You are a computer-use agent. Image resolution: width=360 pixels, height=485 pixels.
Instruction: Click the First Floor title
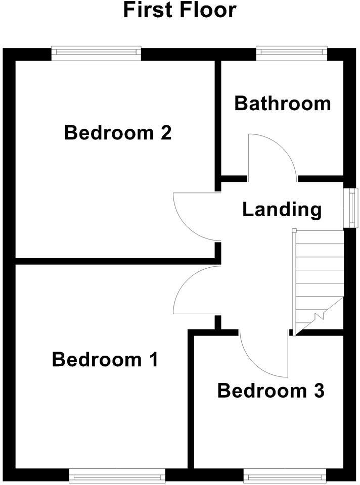(x=179, y=10)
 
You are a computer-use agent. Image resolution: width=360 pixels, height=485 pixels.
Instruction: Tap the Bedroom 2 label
(x=118, y=133)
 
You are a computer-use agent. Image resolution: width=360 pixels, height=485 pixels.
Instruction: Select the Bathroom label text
(x=283, y=103)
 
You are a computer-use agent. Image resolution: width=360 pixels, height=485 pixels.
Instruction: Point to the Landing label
(x=282, y=209)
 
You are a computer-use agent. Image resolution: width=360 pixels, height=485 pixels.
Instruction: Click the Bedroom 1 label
(x=105, y=360)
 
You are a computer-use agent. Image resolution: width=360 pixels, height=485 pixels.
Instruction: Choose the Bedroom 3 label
(x=271, y=391)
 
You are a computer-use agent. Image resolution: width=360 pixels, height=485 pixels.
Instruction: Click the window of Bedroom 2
(x=96, y=53)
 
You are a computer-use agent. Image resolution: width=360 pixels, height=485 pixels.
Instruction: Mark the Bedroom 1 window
(x=117, y=475)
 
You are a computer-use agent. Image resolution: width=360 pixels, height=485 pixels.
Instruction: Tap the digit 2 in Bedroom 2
(x=165, y=133)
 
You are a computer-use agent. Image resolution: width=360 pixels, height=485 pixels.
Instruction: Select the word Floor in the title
(x=208, y=10)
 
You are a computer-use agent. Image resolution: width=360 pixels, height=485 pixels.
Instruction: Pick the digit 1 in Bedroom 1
(x=152, y=360)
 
